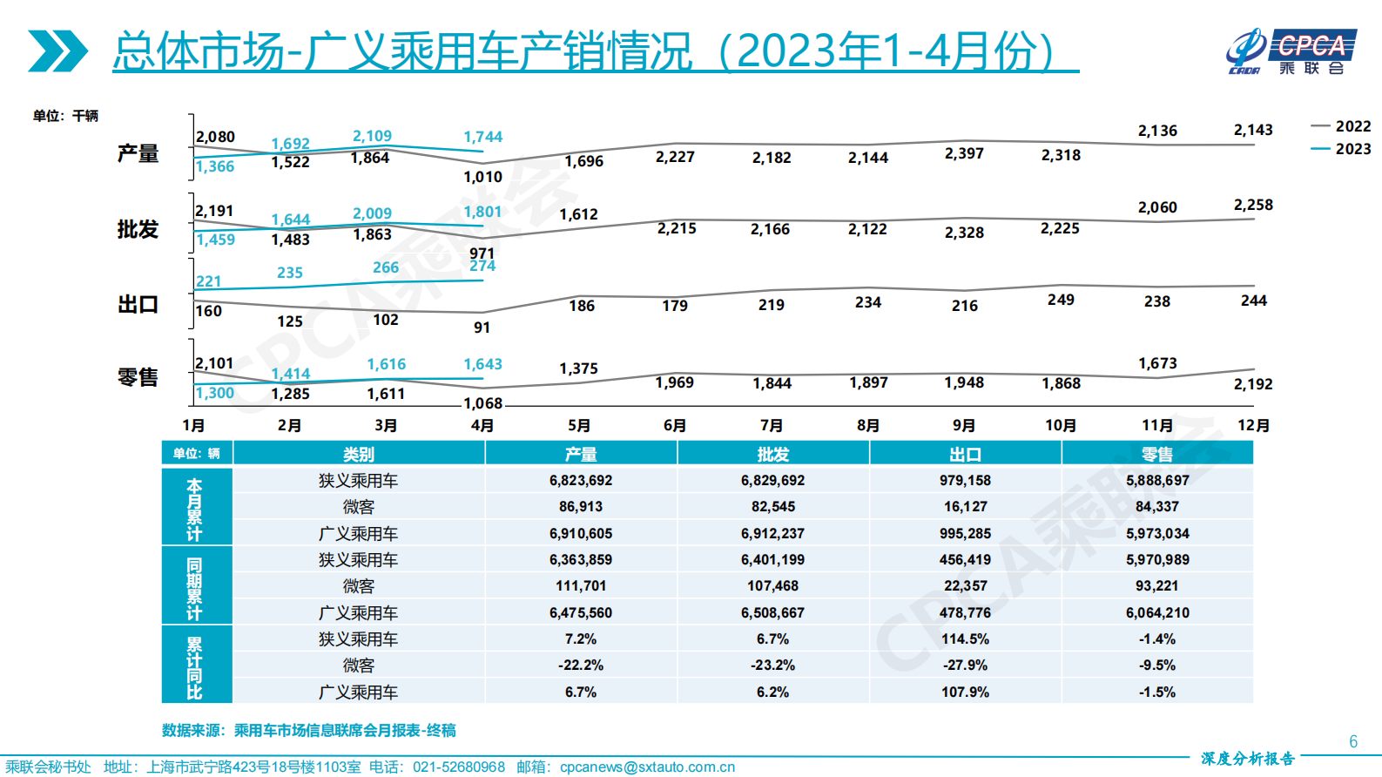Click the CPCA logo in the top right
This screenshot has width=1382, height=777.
1291,51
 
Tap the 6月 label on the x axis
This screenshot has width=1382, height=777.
675,425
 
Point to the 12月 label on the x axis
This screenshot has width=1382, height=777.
1253,425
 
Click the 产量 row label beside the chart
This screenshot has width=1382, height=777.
138,153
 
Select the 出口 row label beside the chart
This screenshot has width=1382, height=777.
138,305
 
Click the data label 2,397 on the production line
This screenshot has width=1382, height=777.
964,153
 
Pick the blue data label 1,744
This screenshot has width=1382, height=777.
482,137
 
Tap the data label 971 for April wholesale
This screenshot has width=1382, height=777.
482,253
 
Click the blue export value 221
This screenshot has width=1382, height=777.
208,281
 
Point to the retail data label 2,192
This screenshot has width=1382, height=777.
1252,384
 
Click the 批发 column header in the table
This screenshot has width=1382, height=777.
772,454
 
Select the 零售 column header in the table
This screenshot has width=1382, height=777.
1156,454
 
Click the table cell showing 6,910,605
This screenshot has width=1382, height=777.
581,533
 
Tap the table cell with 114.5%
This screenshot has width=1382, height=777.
965,638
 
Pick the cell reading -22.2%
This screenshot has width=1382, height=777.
581,665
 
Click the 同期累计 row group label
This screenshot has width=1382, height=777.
194,585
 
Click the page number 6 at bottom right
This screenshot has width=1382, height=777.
1352,741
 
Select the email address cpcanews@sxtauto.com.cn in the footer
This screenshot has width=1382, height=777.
647,767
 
